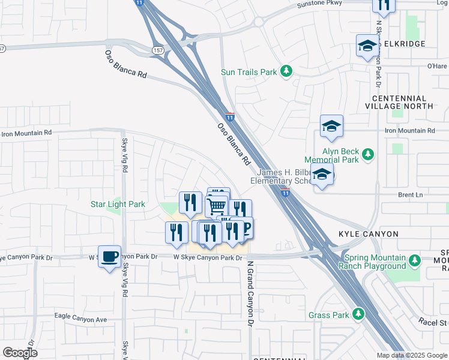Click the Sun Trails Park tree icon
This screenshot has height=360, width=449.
coord(287,72)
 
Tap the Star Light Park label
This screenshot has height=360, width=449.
coord(118,205)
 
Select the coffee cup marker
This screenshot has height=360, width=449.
coord(109,257)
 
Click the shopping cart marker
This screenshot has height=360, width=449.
coord(217,206)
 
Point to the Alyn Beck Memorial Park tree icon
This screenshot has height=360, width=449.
coord(368,155)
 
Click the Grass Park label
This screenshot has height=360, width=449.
coord(328,315)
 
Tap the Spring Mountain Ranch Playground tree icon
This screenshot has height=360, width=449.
coord(414,261)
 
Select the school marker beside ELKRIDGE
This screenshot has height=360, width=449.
coord(367,46)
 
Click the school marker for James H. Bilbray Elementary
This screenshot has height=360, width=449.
coord(323,175)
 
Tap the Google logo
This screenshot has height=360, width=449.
coord(20,353)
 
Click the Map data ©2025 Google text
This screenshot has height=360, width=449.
coord(412,355)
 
